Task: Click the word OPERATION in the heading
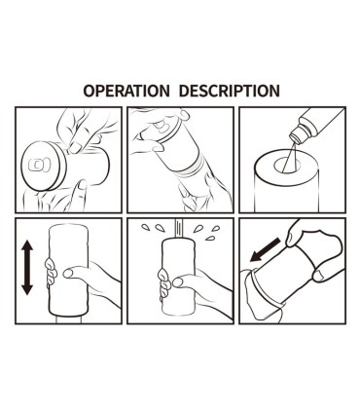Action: tap(126, 91)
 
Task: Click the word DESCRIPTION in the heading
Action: tap(230, 91)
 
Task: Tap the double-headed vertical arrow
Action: tap(27, 267)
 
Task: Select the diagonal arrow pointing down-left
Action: tap(265, 249)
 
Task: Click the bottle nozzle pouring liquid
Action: tap(296, 135)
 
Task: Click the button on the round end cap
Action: tap(39, 165)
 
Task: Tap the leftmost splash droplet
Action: tap(145, 228)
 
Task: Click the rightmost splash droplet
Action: tap(215, 228)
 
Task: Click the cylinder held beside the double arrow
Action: tap(68, 270)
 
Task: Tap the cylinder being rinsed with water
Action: tap(179, 277)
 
